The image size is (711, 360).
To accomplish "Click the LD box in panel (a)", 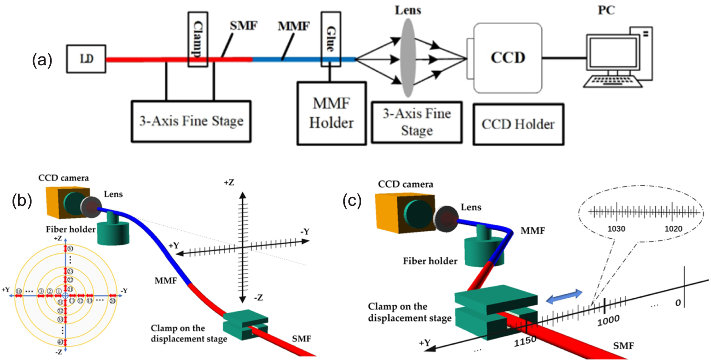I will tap(86, 59).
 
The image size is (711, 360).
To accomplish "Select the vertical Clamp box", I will tap(198, 39).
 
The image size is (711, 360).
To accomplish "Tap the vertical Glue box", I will tap(331, 39).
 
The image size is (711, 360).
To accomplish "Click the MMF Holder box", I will tap(332, 113).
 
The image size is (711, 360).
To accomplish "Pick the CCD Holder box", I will tap(518, 124).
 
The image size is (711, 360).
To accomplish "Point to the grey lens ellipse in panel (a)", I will tap(408, 58).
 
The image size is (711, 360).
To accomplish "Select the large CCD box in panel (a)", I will tap(508, 58).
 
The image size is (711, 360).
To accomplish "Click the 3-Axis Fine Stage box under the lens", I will tap(416, 122).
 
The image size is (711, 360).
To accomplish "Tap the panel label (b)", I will tap(22, 201).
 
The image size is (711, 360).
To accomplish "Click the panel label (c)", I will tap(352, 201).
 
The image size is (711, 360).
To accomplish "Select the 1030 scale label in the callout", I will tap(616, 229).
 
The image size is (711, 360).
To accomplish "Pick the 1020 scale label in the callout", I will tap(673, 229).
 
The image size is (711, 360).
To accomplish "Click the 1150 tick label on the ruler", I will tap(525, 341).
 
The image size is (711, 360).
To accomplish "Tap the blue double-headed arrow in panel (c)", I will tap(564, 296).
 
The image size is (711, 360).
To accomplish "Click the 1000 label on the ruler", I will tap(608, 320).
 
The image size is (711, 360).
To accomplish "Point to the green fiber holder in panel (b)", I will tap(113, 231).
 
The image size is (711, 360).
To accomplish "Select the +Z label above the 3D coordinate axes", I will tap(229, 183).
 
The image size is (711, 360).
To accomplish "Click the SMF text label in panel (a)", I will tap(243, 26).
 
